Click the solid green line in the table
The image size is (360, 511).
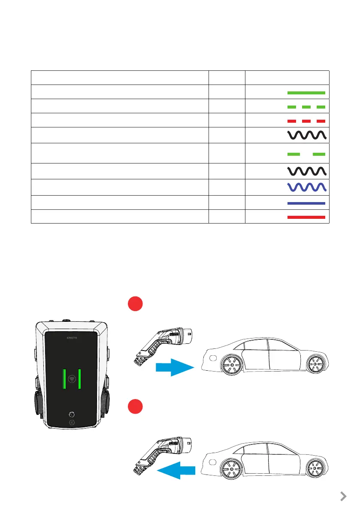click(306, 92)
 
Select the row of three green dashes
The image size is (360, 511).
click(306, 106)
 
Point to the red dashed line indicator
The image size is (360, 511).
click(306, 121)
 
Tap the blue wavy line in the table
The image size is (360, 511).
click(306, 187)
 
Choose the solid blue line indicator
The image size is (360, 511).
click(306, 203)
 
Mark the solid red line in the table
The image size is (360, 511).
click(306, 217)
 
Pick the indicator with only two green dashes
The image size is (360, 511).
click(306, 154)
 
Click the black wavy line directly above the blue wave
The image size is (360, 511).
click(306, 171)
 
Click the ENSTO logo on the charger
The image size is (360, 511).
click(72, 338)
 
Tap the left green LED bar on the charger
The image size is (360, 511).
click(64, 378)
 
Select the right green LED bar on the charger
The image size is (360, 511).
click(80, 378)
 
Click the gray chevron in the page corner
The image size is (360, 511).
click(343, 496)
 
